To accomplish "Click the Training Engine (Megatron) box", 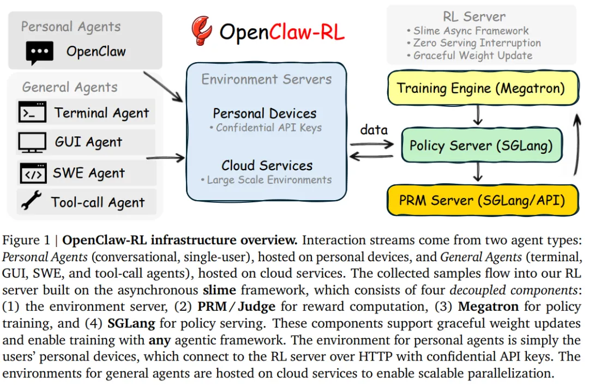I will point(481,88).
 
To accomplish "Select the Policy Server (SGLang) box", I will point(481,146).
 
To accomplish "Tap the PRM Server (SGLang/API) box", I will point(481,200).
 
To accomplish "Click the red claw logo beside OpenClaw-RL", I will point(202,31).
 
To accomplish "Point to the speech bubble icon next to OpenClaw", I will point(40,53).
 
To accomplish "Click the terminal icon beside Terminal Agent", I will point(32,112).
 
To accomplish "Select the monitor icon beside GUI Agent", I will point(32,142).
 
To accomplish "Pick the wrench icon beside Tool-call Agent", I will point(31,202).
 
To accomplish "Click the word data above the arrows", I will point(374,130).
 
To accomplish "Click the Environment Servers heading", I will point(266,80).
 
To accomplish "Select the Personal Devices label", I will point(265,113).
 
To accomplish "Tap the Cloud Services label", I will point(267,165).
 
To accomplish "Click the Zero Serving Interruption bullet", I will point(474,43).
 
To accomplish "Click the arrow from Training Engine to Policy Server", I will point(478,115).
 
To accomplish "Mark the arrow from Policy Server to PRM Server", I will point(478,172).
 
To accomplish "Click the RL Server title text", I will point(474,17).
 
